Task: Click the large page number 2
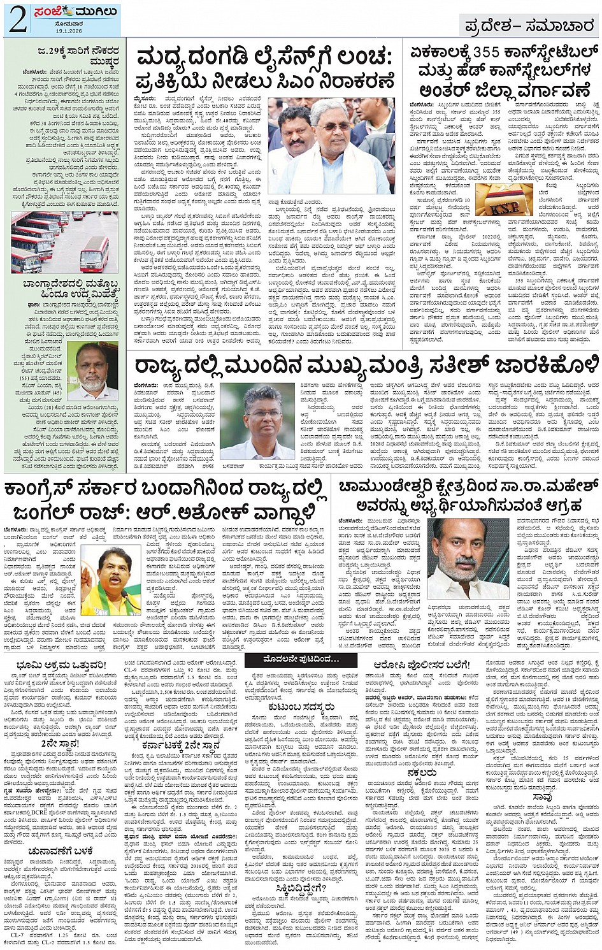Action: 17,20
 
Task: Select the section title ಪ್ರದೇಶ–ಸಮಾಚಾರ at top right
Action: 529,25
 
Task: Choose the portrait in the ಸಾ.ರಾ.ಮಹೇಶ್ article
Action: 469,558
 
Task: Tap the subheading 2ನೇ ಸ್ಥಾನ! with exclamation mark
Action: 59,742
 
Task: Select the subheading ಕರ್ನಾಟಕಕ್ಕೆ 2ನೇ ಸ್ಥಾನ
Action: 182,745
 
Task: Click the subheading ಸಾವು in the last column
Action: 543,796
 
